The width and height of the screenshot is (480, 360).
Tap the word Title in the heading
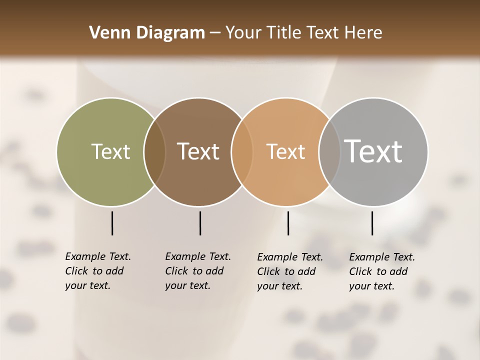(283, 33)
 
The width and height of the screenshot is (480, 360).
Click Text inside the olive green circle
(110, 151)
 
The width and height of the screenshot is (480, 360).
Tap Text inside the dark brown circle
(198, 151)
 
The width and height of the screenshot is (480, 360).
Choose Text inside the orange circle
(285, 151)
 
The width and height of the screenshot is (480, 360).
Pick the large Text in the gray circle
(373, 151)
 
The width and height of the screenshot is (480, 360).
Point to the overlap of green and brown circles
(154, 151)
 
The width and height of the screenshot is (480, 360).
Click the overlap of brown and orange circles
(242, 151)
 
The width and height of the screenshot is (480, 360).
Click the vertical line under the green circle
(112, 223)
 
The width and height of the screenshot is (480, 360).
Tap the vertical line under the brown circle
(200, 223)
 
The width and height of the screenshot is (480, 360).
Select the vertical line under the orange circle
(288, 223)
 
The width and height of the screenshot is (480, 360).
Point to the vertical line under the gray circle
(372, 223)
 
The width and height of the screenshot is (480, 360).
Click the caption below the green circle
(98, 271)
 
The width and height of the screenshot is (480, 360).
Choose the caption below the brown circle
(198, 271)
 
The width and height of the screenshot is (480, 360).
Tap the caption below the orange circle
(290, 271)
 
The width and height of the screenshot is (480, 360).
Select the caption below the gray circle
(382, 271)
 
